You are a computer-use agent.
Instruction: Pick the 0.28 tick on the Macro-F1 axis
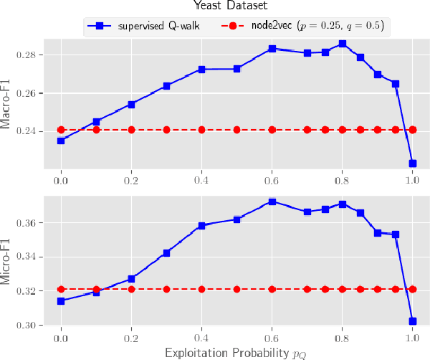(32, 55)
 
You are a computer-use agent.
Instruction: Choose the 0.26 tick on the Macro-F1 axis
(32, 93)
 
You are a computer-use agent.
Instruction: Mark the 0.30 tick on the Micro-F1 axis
(32, 326)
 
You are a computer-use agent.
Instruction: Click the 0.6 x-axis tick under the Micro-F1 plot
(272, 338)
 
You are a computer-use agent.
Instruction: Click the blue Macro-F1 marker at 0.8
(343, 44)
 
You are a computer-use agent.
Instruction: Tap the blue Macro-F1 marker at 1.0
(413, 164)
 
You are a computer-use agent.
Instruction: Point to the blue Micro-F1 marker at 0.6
(272, 202)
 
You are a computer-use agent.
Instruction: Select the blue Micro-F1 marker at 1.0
(413, 321)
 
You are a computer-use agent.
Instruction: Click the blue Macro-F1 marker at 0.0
(61, 141)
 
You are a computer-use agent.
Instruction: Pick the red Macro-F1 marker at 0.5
(237, 130)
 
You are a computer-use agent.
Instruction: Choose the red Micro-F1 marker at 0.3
(167, 289)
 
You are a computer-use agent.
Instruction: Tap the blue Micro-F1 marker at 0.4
(202, 225)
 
